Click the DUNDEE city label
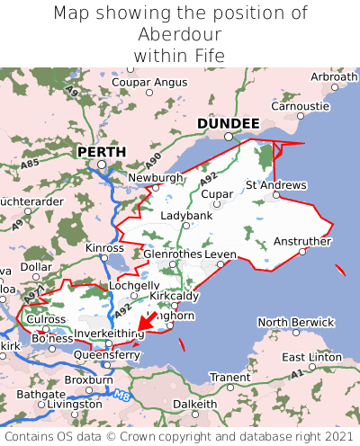tap(228, 123)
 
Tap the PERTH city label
tap(101, 152)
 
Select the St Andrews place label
tap(276, 185)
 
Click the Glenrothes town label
tap(172, 254)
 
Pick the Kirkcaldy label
tap(175, 296)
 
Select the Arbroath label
tap(333, 77)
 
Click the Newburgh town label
tap(156, 178)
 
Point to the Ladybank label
tap(186, 217)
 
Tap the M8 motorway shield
tap(121, 393)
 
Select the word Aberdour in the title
tap(180, 34)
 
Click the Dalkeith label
tap(195, 404)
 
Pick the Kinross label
tap(104, 247)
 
